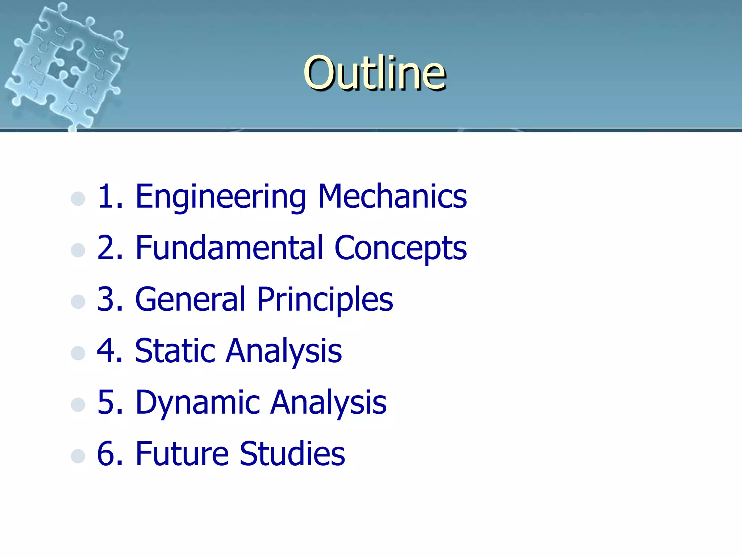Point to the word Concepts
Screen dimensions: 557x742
[x=400, y=248]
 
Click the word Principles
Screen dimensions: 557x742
[x=325, y=300]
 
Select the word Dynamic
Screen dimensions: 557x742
[x=197, y=403]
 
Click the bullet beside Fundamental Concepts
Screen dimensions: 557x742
[x=78, y=250]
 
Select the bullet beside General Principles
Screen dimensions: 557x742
[x=78, y=301]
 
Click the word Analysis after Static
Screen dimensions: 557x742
[x=284, y=351]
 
